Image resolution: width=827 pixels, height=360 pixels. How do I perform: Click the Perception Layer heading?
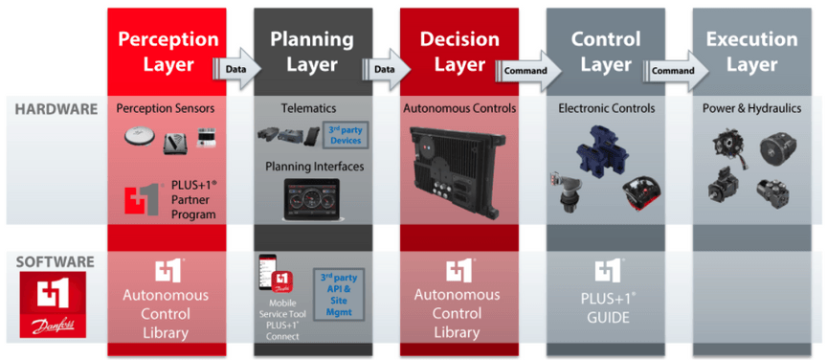pos(167,52)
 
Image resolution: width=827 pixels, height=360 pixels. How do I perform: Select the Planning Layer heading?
pos(312,52)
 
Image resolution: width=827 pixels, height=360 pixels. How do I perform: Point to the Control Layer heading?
pos(605,52)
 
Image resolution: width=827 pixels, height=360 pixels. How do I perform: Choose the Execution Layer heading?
pos(751,52)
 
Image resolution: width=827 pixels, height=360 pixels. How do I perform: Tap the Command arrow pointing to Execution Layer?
pos(673,70)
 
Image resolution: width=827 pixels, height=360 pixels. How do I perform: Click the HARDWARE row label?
pos(56,109)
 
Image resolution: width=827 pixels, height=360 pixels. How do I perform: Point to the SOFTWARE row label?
pos(55,260)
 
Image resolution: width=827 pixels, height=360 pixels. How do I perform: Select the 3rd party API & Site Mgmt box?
pos(342,286)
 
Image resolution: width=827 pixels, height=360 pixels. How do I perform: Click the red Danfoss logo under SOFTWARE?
pos(55,305)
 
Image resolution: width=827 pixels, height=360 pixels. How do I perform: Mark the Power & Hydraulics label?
pos(752,109)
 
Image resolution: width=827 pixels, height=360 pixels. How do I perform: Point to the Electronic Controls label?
pos(607,109)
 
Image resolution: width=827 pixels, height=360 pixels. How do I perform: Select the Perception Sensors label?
pos(167,109)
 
